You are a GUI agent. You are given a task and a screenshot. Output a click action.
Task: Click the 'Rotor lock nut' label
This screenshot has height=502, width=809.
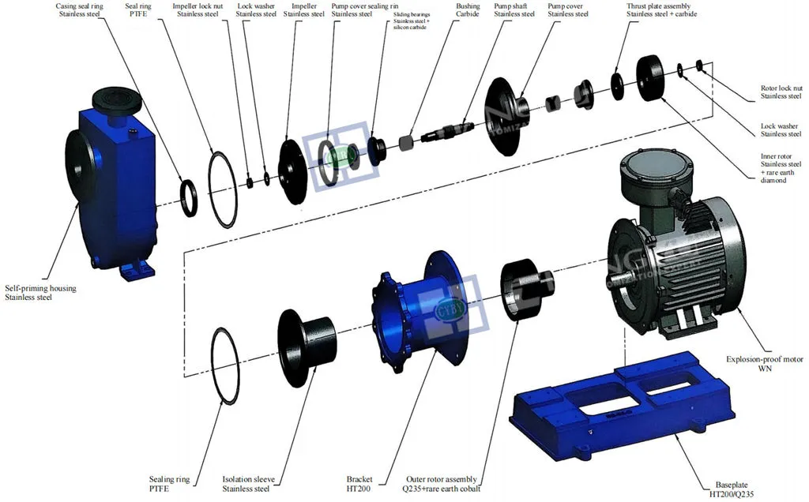781,92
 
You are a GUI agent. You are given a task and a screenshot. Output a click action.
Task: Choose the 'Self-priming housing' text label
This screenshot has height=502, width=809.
40,293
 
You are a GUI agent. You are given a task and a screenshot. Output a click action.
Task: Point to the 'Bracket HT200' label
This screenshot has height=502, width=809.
359,484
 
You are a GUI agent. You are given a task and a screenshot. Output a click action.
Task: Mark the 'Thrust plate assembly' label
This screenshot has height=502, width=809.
659,9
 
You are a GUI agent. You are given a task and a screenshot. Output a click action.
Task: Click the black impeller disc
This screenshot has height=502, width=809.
293,172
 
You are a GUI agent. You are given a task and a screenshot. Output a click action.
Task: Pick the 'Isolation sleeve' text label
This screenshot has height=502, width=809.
248,484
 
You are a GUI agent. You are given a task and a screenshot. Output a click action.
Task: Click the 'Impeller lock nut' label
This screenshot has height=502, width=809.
201,9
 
